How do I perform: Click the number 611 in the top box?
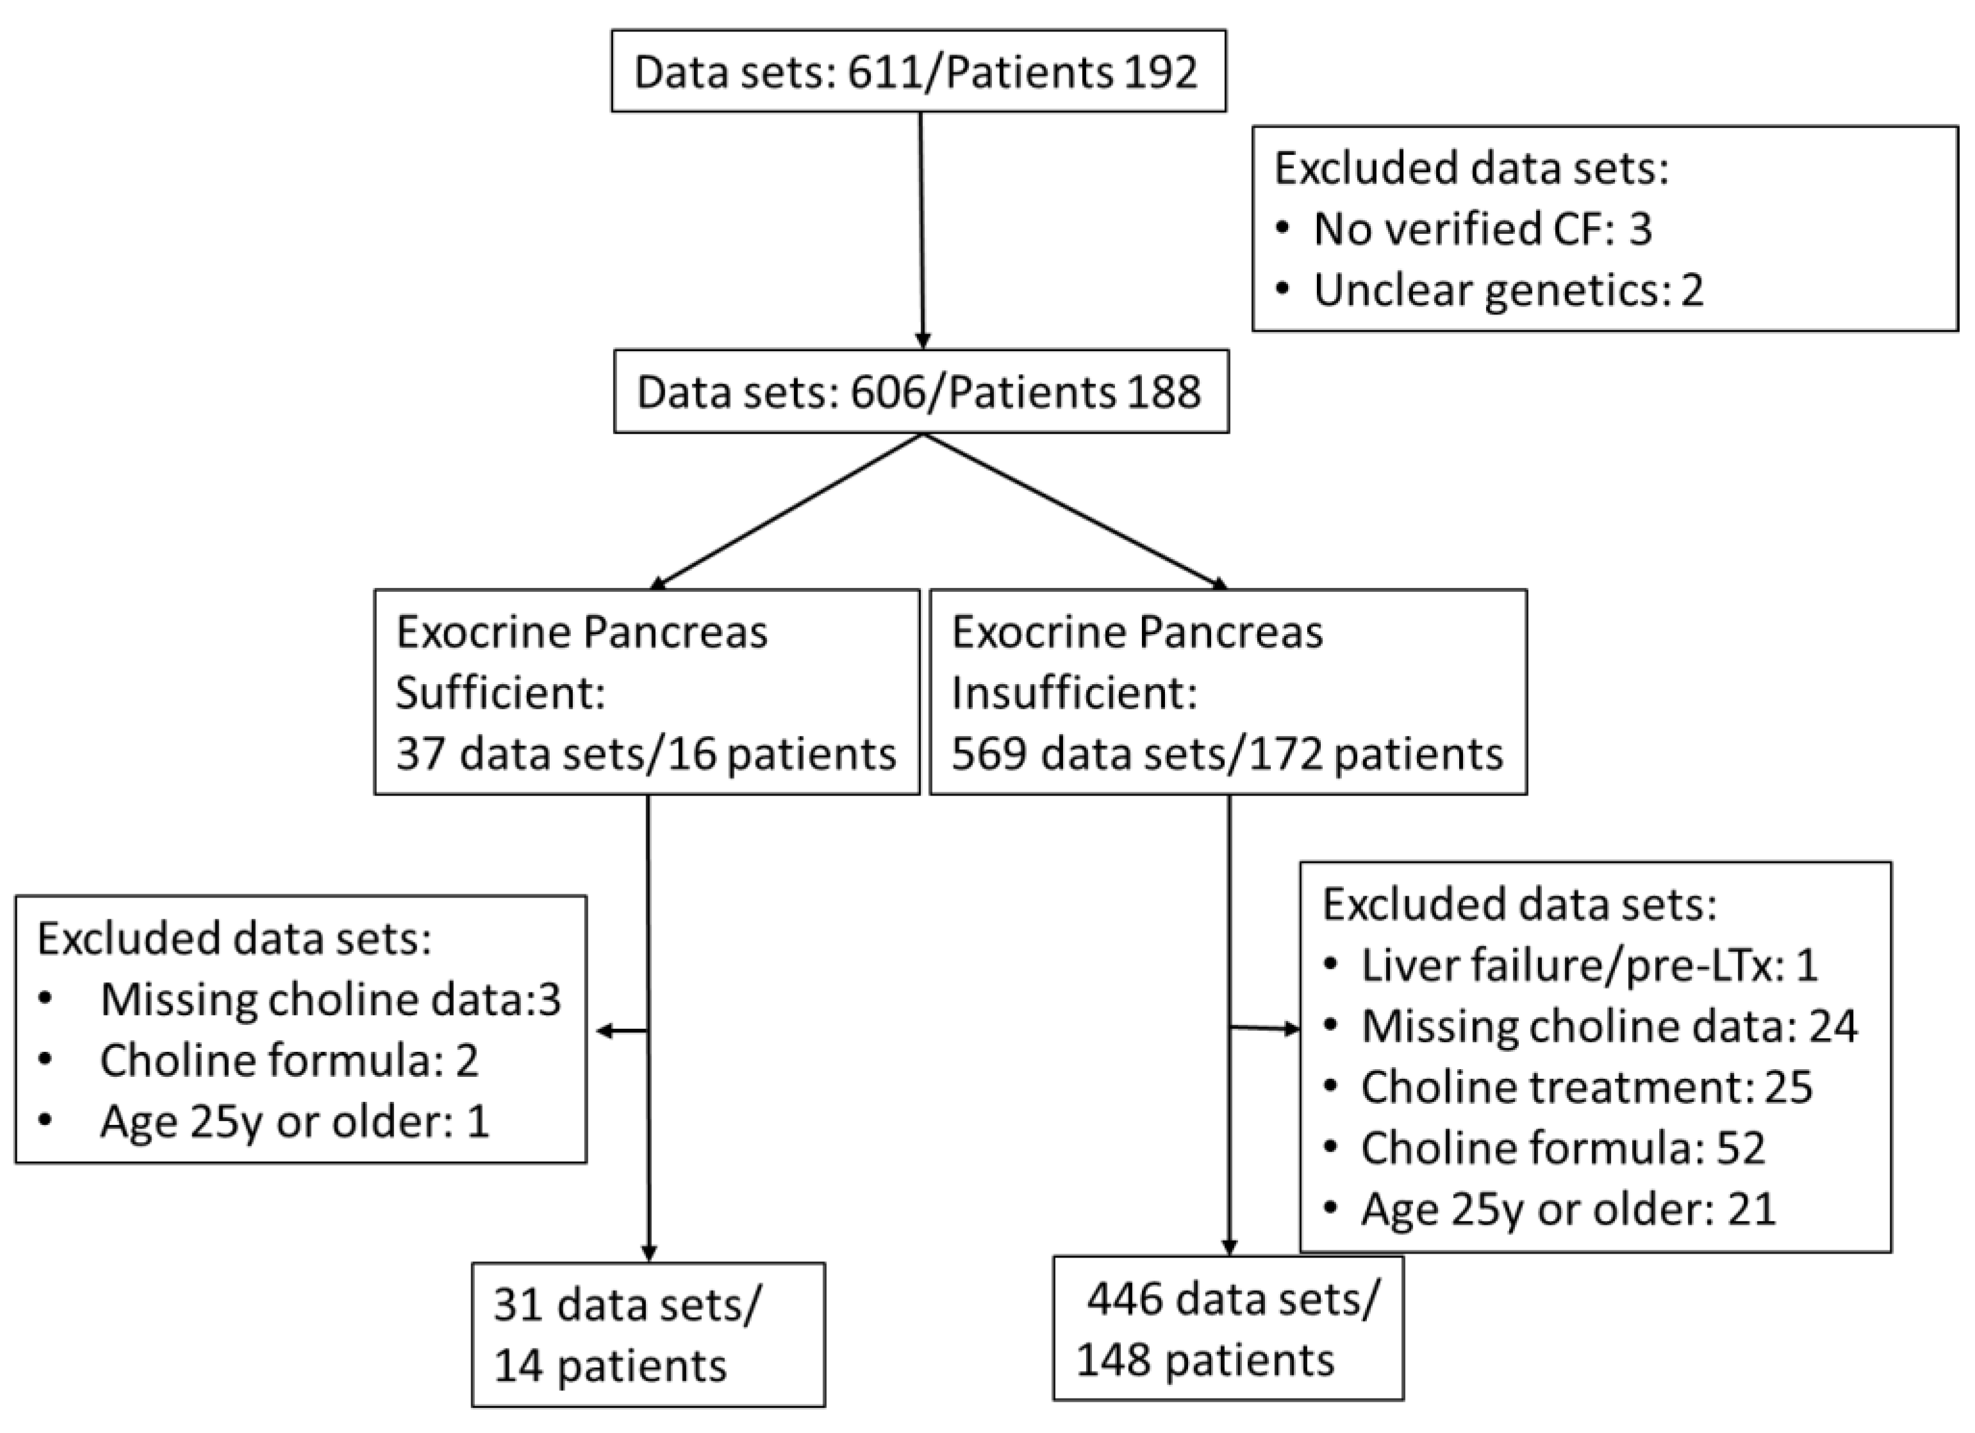tap(885, 72)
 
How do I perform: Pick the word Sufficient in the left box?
tap(500, 693)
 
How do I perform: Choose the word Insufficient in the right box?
tap(1074, 693)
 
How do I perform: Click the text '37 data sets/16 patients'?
tap(645, 753)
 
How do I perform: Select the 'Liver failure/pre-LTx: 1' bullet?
tap(1589, 965)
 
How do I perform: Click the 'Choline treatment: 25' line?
tap(1587, 1086)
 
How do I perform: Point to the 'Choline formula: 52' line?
tap(1562, 1147)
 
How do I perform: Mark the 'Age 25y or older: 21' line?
tap(1567, 1208)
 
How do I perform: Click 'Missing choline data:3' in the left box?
tap(330, 999)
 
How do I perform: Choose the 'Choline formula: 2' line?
tap(289, 1060)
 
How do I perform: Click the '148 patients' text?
tap(1205, 1360)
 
